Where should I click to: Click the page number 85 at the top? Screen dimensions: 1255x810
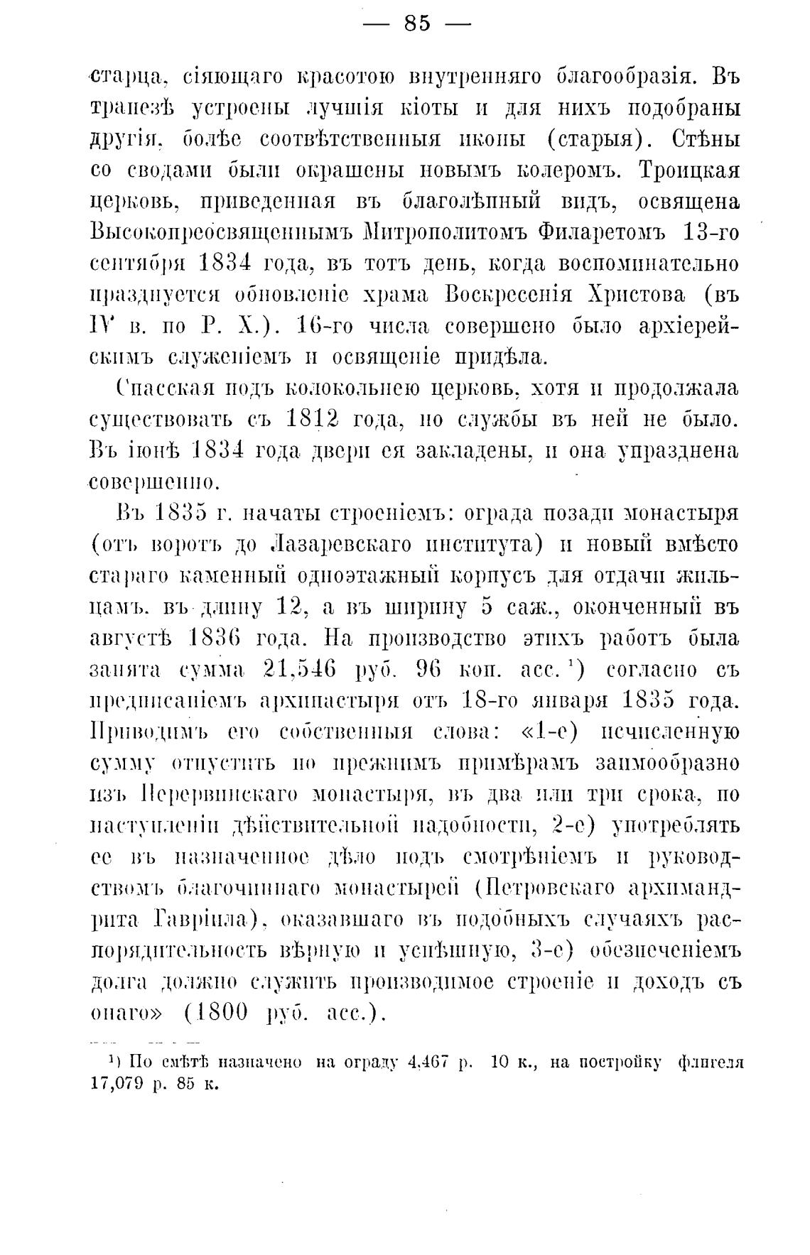click(x=417, y=23)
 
